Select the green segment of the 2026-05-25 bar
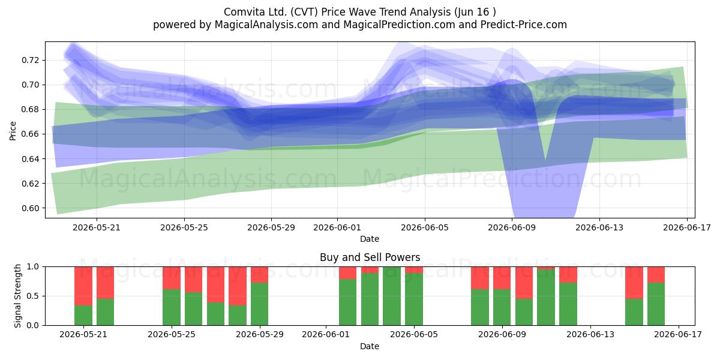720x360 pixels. click(x=172, y=307)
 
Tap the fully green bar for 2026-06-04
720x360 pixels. click(x=392, y=296)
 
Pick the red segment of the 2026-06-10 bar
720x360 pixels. click(x=524, y=283)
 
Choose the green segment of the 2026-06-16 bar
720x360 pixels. click(x=656, y=304)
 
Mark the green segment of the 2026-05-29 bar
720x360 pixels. click(x=259, y=304)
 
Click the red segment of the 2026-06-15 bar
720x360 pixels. click(x=634, y=283)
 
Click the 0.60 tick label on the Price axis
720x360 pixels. click(x=30, y=208)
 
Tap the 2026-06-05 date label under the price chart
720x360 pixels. click(x=425, y=227)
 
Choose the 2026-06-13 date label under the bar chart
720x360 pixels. click(x=590, y=335)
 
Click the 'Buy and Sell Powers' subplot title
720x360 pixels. click(x=370, y=257)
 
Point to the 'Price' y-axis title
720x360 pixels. click(x=13, y=131)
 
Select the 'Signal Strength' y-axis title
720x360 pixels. click(x=17, y=296)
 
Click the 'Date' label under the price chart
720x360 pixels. click(x=370, y=239)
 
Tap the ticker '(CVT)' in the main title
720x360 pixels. click(x=304, y=12)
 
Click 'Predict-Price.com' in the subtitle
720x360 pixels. click(x=524, y=25)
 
